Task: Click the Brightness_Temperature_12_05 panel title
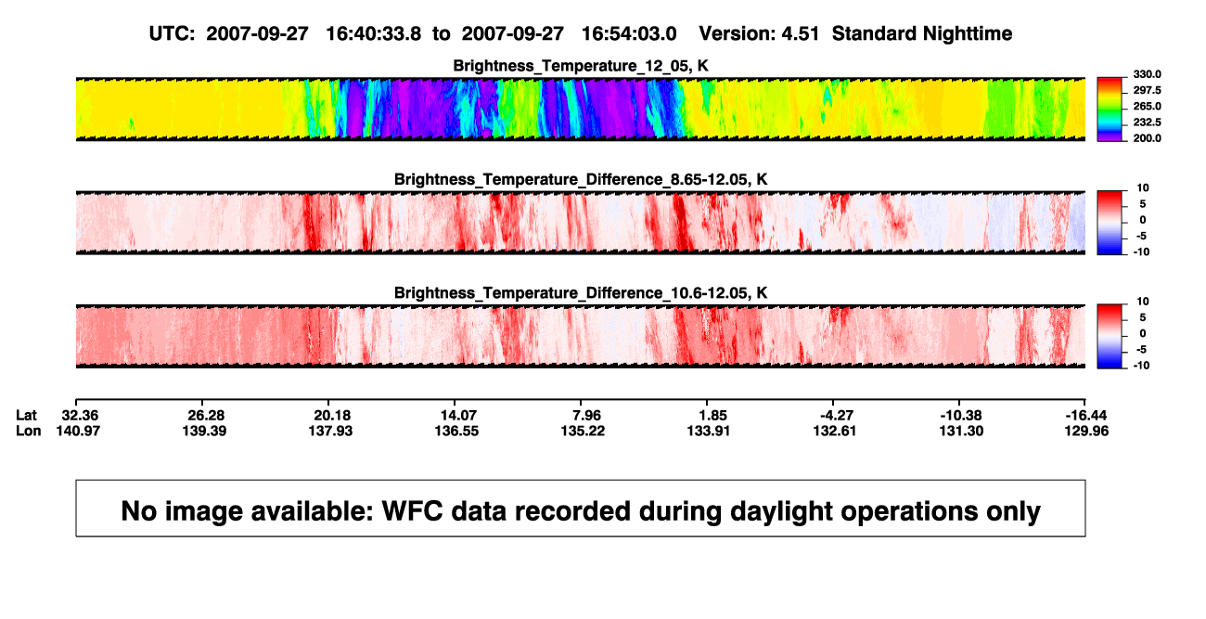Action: click(581, 66)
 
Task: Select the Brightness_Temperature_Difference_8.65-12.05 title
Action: click(581, 179)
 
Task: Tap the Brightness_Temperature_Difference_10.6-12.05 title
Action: click(581, 293)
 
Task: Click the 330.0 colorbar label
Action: click(1147, 74)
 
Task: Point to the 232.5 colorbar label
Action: click(1147, 123)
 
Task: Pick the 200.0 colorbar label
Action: click(1147, 138)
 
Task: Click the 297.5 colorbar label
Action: click(1147, 91)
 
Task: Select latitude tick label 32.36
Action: click(80, 416)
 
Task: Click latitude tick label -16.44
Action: click(1086, 416)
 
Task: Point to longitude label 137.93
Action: click(330, 432)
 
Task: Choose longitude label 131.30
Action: click(961, 432)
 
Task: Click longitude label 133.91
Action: click(709, 432)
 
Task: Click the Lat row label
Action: click(26, 416)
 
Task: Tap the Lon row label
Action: click(29, 432)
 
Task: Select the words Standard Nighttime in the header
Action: click(922, 34)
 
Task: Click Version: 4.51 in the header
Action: click(759, 34)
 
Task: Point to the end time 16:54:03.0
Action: click(629, 34)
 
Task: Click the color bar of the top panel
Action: click(1110, 110)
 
